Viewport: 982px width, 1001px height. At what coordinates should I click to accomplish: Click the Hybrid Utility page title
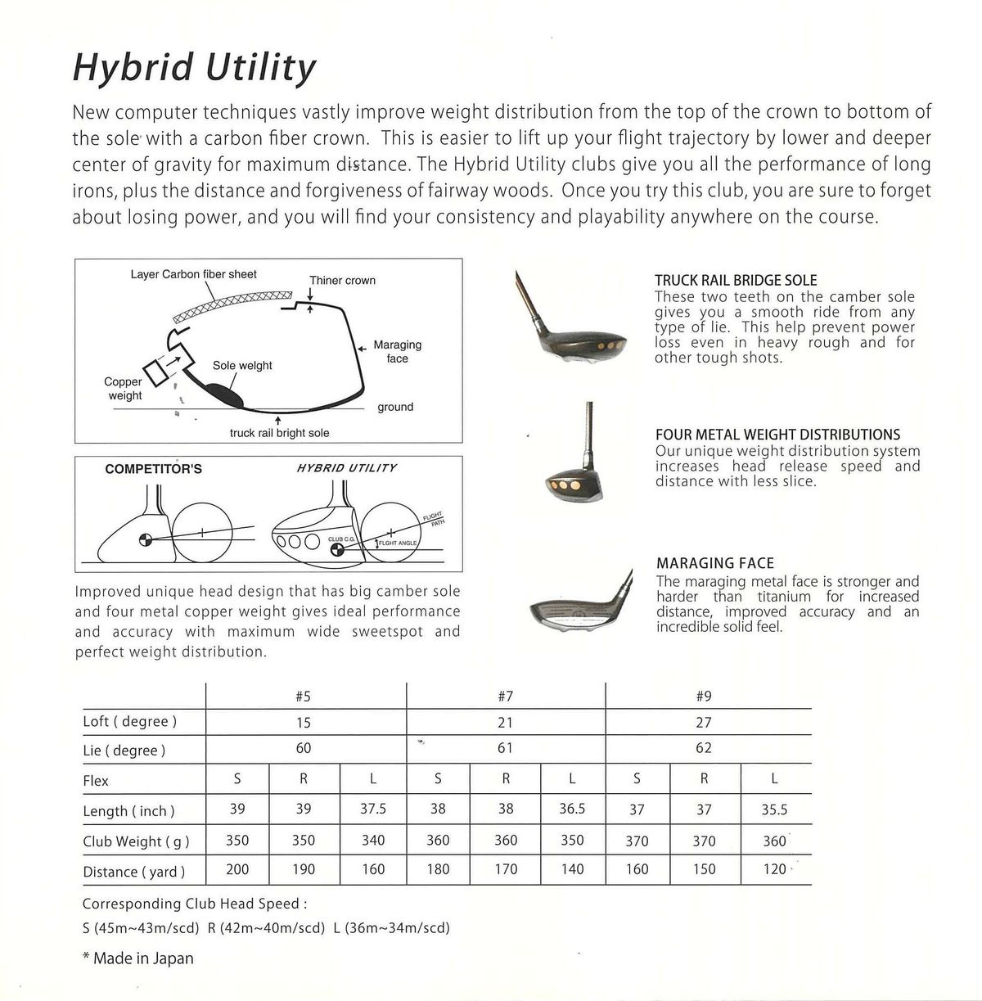point(194,68)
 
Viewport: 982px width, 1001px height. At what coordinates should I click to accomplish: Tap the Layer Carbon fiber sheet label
point(193,274)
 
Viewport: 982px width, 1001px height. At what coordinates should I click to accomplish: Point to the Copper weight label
point(124,389)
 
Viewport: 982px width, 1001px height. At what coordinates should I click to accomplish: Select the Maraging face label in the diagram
point(397,352)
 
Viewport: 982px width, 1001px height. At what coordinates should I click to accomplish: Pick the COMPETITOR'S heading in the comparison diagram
point(154,469)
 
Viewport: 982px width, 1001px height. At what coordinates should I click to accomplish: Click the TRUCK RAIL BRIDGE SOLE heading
point(736,280)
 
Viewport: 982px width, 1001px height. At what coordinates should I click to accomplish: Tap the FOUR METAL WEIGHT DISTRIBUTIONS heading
point(777,435)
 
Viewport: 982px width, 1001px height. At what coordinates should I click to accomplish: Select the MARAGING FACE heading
point(715,563)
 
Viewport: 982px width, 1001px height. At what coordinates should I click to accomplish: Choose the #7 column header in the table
point(506,697)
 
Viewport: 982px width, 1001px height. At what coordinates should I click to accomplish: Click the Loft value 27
point(704,722)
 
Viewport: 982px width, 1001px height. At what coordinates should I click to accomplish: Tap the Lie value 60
point(304,748)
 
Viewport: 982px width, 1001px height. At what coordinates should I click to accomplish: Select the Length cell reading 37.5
point(372,809)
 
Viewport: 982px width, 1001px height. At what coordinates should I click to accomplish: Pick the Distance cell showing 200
point(237,869)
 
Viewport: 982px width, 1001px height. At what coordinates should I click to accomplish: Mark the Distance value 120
point(774,869)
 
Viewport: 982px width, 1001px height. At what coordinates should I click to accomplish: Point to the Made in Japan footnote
point(138,958)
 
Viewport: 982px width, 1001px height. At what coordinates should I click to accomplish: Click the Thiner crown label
point(342,281)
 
